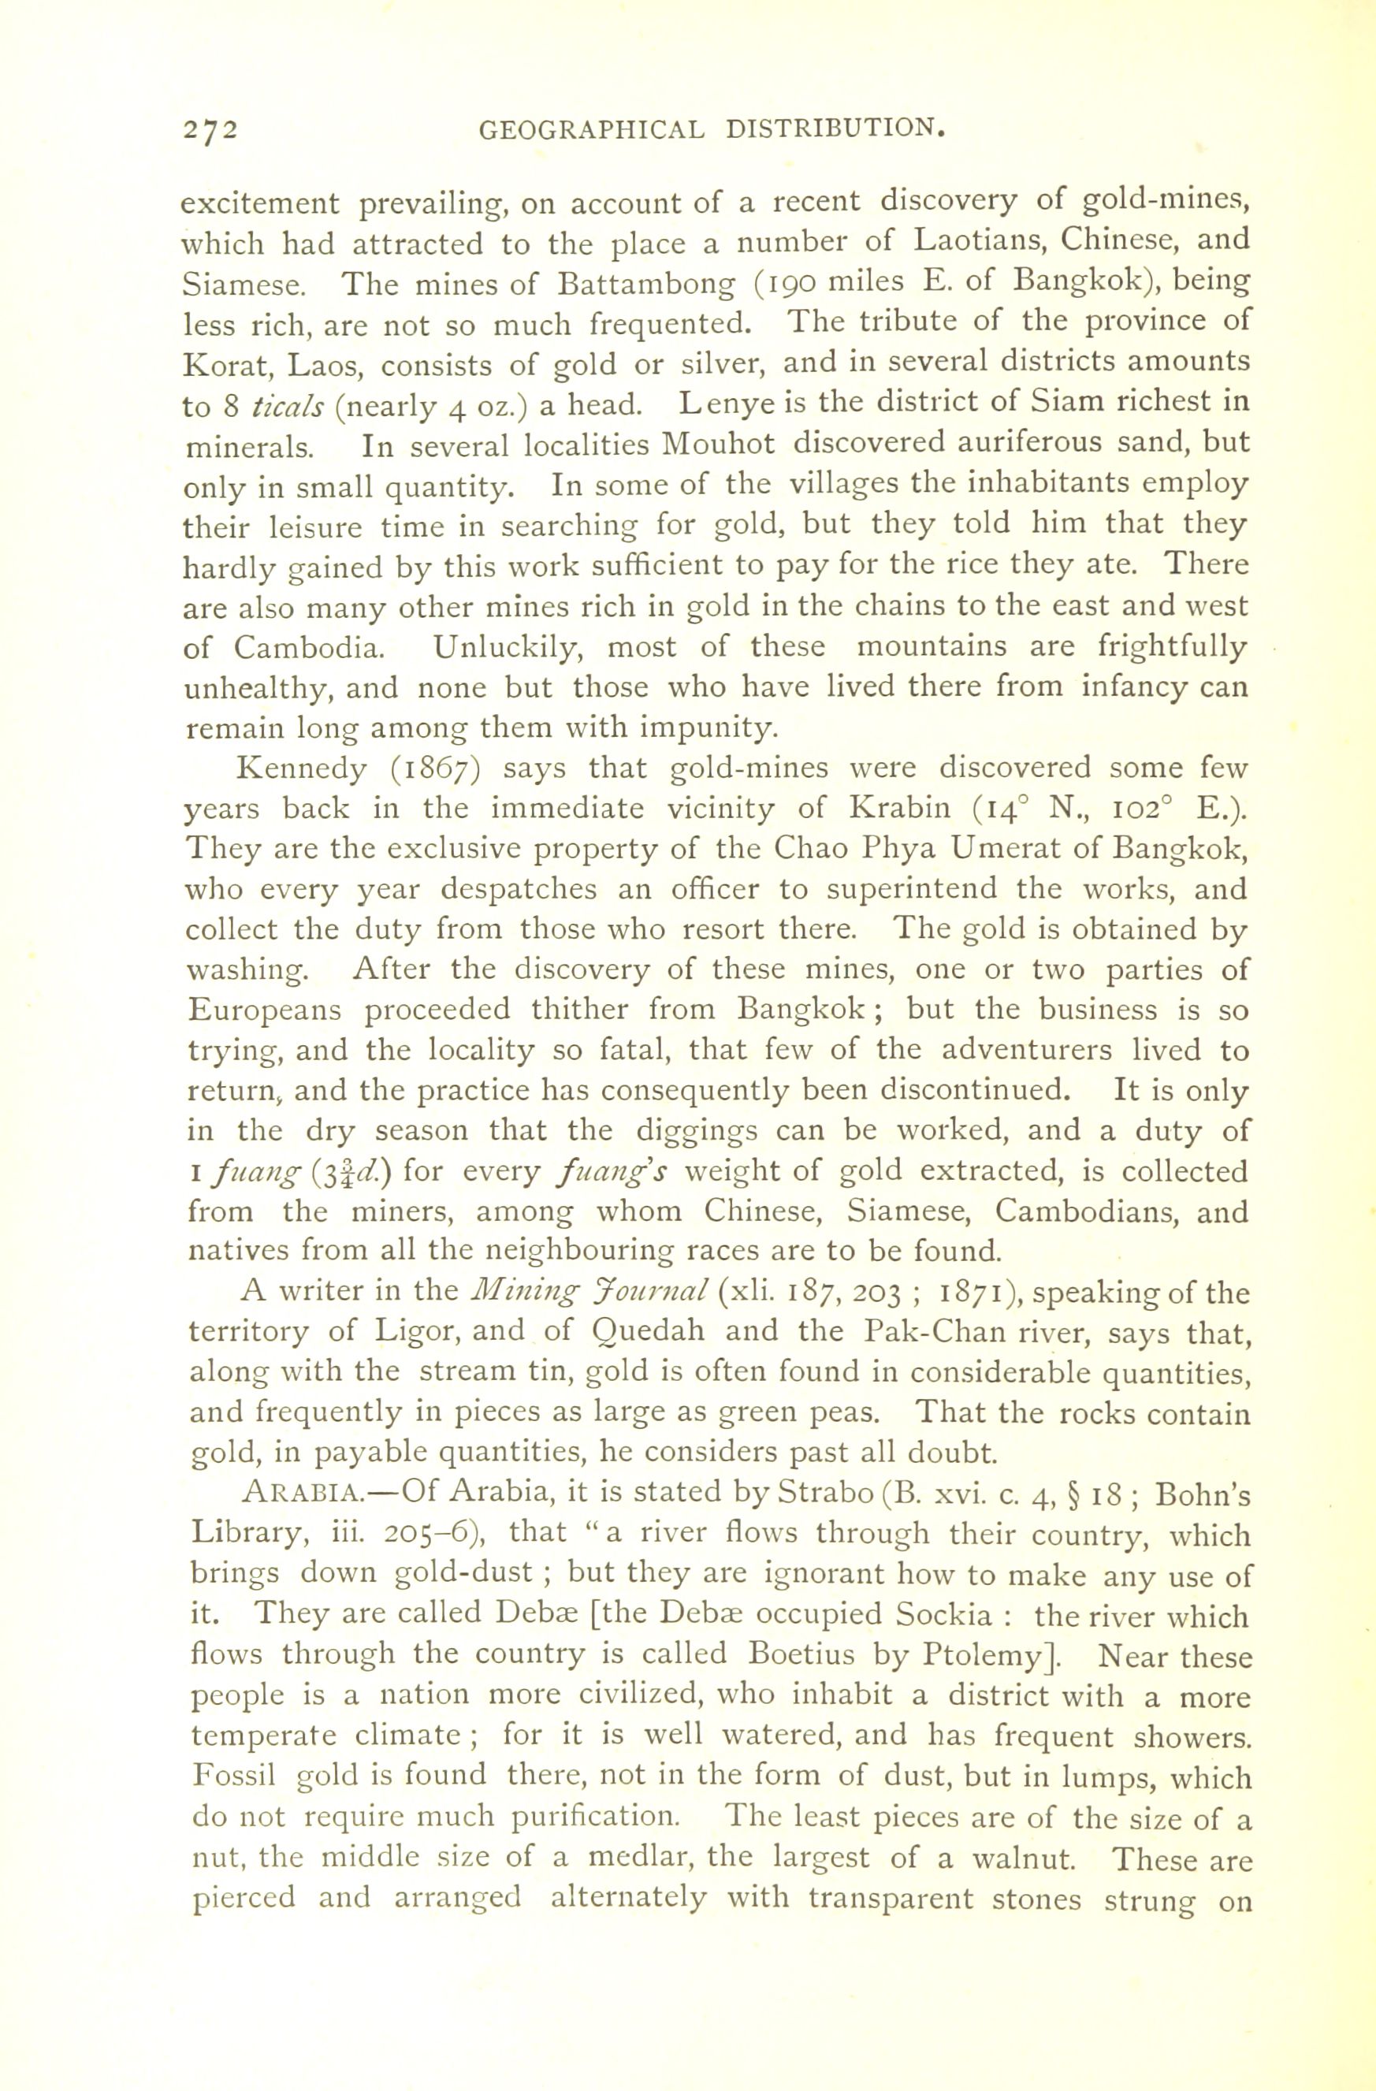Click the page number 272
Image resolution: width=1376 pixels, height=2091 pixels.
210,129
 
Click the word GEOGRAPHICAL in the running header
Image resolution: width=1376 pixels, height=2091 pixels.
591,129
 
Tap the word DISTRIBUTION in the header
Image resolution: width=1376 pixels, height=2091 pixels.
835,129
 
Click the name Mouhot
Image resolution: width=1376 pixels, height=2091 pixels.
718,445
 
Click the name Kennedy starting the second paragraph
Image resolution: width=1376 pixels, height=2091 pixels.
303,768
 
